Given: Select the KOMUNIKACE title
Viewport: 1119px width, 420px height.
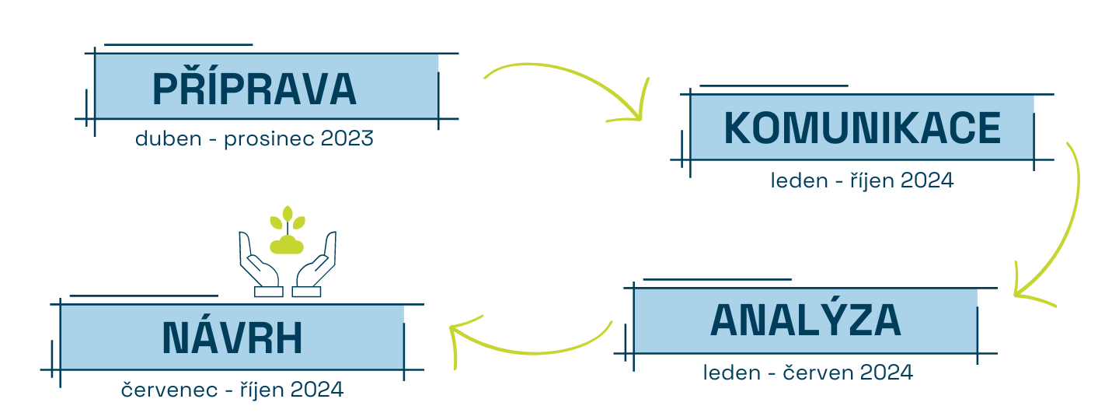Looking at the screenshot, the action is (x=863, y=128).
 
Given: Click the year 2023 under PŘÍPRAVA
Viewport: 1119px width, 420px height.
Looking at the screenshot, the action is (x=347, y=138).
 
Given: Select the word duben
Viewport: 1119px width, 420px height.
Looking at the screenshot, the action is (x=169, y=138).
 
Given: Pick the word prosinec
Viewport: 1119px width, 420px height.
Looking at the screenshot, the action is (x=269, y=139).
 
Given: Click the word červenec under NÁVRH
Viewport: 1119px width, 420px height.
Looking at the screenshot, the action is (x=169, y=390).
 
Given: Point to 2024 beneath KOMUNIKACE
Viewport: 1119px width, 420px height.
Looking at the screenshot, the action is (x=927, y=180).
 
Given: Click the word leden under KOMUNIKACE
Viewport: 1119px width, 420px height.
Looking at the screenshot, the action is (x=799, y=180).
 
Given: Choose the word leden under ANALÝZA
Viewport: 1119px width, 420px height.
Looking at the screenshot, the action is (x=731, y=373).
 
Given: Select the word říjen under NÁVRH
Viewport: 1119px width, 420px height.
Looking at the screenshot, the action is (x=261, y=390).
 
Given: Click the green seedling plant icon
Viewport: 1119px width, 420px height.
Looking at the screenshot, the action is (x=288, y=230).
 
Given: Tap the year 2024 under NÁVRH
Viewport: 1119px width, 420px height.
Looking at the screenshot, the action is (x=317, y=390).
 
